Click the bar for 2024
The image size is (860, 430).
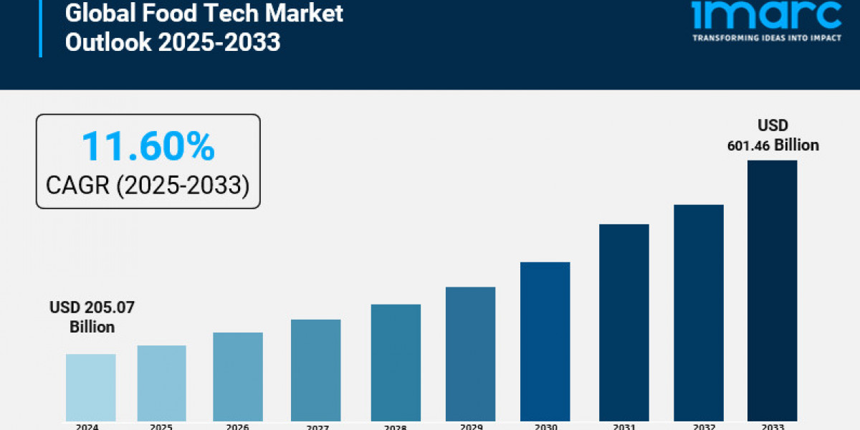point(90,387)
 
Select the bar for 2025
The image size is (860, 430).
point(162,383)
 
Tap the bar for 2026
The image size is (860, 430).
point(238,376)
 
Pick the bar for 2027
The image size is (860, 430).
point(316,370)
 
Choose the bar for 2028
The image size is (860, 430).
point(396,362)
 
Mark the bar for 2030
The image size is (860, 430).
point(545,341)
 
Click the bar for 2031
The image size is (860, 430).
point(624,322)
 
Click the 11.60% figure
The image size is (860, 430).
point(148,146)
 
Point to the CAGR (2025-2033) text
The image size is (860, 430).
point(148,186)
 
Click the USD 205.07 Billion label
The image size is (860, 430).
point(92,317)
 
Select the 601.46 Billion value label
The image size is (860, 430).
point(773,145)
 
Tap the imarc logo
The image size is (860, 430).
point(767,14)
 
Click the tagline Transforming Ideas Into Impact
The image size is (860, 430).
point(767,38)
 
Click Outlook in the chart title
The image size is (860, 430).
point(107,42)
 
